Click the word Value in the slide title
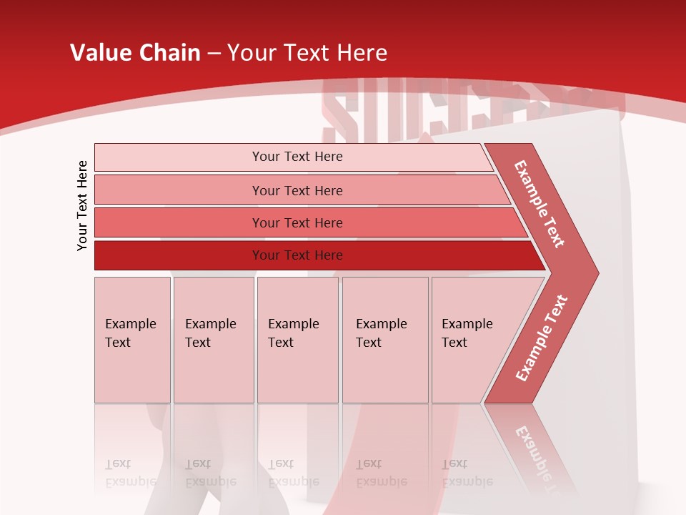pos(99,53)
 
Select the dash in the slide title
pos(214,54)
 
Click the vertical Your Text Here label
pos(82,205)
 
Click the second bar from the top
pos(297,190)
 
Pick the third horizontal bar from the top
pos(297,222)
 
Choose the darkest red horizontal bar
pos(297,255)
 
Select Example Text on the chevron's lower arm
pos(542,338)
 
